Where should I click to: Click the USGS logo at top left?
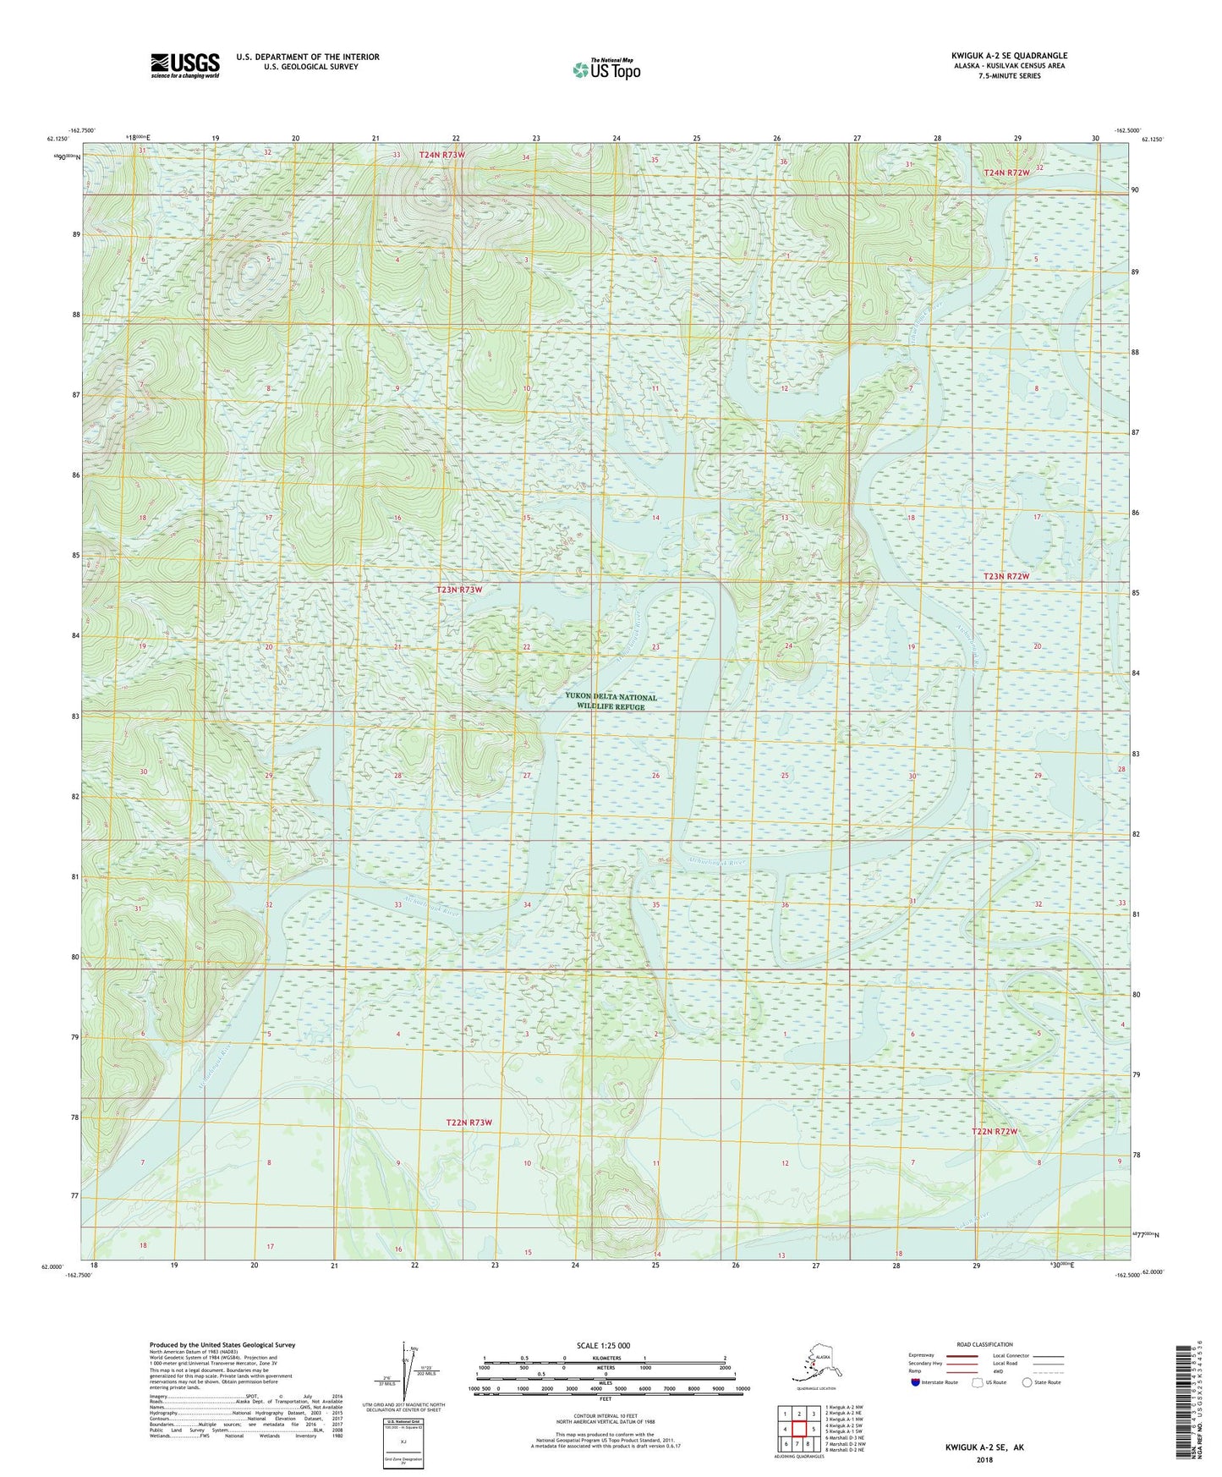click(x=184, y=65)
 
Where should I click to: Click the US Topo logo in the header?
click(x=606, y=69)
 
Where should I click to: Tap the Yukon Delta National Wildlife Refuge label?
click(x=611, y=702)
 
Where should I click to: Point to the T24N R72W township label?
click(x=1007, y=173)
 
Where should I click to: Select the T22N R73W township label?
click(x=469, y=1123)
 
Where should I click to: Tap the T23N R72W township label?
click(x=1006, y=576)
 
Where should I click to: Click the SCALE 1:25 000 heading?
click(x=603, y=1345)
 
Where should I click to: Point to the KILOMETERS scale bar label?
click(x=604, y=1359)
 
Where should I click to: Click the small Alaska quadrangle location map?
click(x=814, y=1369)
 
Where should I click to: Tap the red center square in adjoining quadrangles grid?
click(x=799, y=1428)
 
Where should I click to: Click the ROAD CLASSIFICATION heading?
click(x=984, y=1344)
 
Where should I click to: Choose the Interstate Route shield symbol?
click(x=916, y=1382)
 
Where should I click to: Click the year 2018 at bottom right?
click(x=984, y=1459)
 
